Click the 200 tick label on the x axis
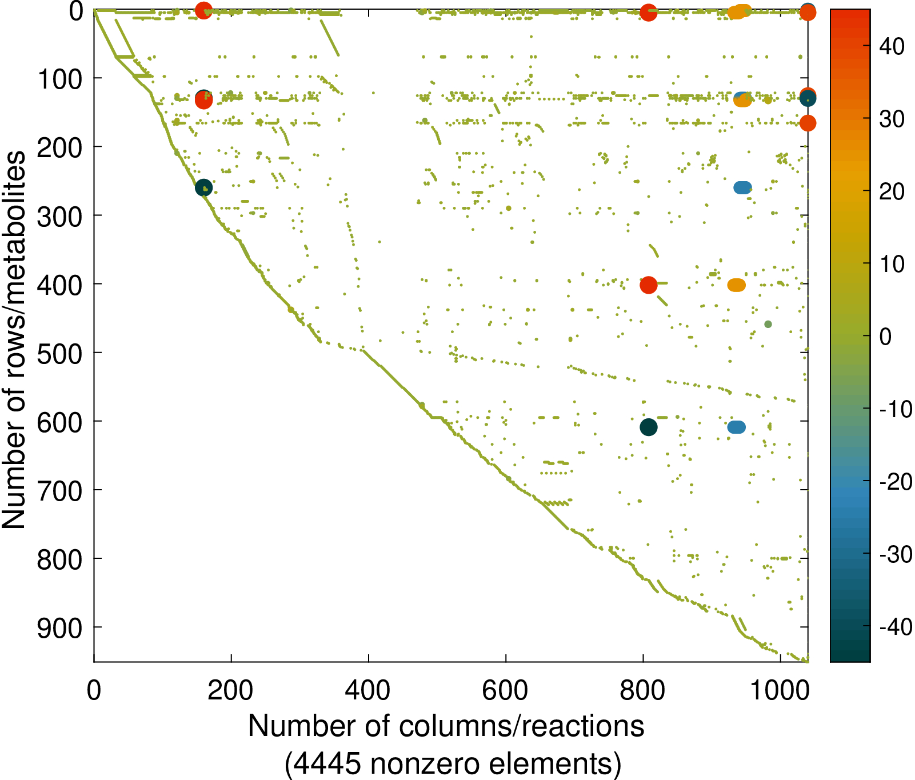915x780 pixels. point(230,691)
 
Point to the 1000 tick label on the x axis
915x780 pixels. point(780,691)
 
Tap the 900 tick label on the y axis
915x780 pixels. point(60,628)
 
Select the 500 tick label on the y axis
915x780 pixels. point(60,353)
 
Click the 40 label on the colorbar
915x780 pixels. point(892,46)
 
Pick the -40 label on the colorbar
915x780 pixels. point(896,627)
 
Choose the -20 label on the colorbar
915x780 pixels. point(896,482)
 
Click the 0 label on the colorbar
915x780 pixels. point(885,337)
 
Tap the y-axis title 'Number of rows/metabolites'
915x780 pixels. point(14,339)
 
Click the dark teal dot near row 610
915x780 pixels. point(648,427)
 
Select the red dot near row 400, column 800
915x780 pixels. point(648,285)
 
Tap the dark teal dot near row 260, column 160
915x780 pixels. point(203,187)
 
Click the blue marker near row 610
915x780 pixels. point(737,427)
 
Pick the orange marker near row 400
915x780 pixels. point(737,285)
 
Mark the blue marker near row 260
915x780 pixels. point(742,187)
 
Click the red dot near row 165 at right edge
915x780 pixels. point(807,123)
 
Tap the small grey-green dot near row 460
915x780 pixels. point(768,325)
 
